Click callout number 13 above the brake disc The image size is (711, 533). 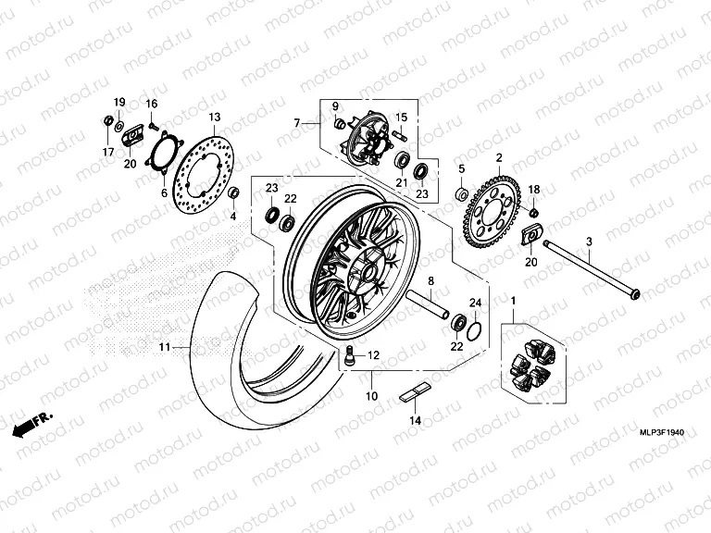point(214,118)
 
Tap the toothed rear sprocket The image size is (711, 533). point(498,206)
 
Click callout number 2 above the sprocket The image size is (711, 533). point(499,158)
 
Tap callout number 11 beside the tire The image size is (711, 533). point(164,347)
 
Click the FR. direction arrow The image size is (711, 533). point(31,424)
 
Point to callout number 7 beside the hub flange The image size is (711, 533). point(298,123)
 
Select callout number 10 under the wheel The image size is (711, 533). point(371,396)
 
